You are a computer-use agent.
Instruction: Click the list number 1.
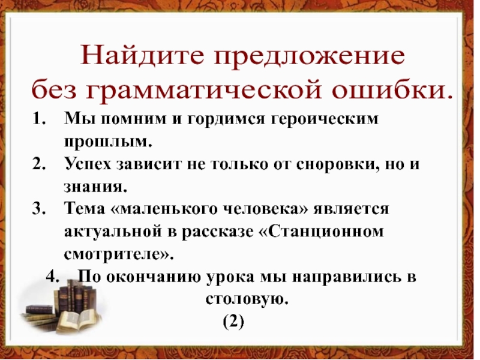39,119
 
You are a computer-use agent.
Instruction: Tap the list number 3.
39,208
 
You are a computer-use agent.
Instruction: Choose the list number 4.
53,277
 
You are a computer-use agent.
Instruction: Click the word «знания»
95,186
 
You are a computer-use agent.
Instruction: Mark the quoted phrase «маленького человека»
191,208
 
